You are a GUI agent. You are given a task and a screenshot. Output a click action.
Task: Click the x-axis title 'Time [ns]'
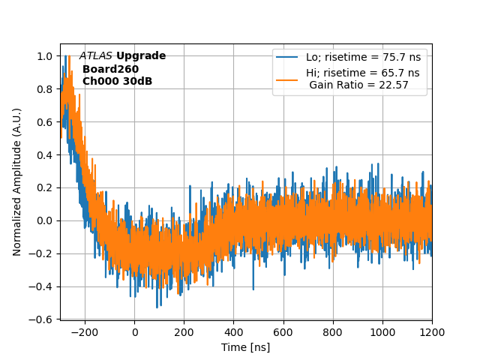tap(245, 347)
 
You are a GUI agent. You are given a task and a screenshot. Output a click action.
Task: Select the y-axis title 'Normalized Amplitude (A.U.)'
tap(17, 181)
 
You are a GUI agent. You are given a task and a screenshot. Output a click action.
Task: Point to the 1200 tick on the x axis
tap(432, 331)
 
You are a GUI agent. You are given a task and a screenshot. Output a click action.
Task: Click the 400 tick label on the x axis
tap(234, 331)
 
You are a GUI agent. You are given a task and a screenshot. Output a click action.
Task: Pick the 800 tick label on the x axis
tap(333, 331)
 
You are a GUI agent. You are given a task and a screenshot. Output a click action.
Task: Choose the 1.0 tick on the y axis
tap(44, 56)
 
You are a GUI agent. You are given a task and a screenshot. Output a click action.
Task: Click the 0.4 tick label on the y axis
tap(44, 154)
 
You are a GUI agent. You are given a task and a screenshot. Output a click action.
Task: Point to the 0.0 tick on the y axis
tap(44, 220)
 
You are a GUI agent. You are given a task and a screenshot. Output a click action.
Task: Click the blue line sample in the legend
tap(287, 57)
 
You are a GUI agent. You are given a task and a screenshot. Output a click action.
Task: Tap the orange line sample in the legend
tap(287, 73)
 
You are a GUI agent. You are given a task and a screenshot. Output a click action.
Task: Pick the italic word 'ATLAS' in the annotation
tap(96, 56)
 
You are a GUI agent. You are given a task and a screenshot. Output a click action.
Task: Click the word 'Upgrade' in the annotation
tap(141, 56)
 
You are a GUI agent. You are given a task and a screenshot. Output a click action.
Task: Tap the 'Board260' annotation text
tap(110, 69)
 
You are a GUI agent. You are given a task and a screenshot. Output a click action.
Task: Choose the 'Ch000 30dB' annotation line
tap(117, 81)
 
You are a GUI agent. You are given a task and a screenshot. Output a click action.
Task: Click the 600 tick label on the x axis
tap(283, 331)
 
